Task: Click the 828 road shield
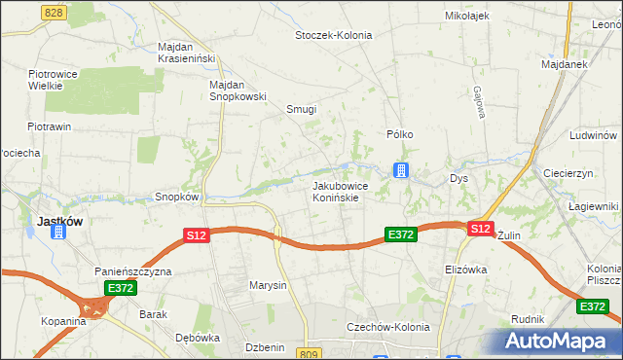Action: (54, 11)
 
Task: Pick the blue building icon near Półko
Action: (400, 171)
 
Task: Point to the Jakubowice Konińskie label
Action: (338, 191)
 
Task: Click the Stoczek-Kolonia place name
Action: (334, 35)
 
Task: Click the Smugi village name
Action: (301, 109)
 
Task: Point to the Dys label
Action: (458, 179)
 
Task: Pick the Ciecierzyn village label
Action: (569, 172)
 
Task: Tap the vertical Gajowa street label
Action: (479, 103)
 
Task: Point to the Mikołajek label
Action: (466, 16)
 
